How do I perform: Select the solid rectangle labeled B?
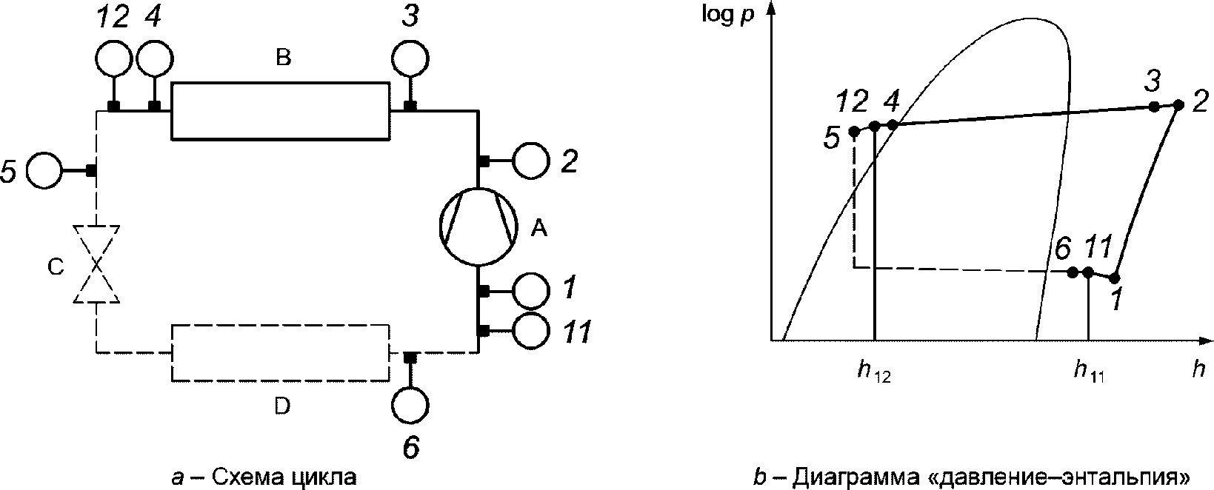[x=280, y=111]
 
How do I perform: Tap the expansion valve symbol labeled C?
[x=97, y=264]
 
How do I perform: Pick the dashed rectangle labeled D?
[x=280, y=352]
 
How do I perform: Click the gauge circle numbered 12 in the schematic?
[x=113, y=58]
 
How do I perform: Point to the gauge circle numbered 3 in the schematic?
[x=410, y=58]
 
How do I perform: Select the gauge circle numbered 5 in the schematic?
[x=44, y=171]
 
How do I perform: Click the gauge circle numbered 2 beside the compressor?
[x=530, y=161]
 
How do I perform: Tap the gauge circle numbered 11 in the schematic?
[x=530, y=332]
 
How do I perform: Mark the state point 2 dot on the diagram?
[x=1178, y=105]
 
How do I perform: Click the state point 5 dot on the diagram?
[x=853, y=131]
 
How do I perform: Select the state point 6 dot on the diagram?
[x=1073, y=272]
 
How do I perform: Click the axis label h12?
[x=874, y=373]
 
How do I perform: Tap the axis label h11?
[x=1089, y=373]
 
